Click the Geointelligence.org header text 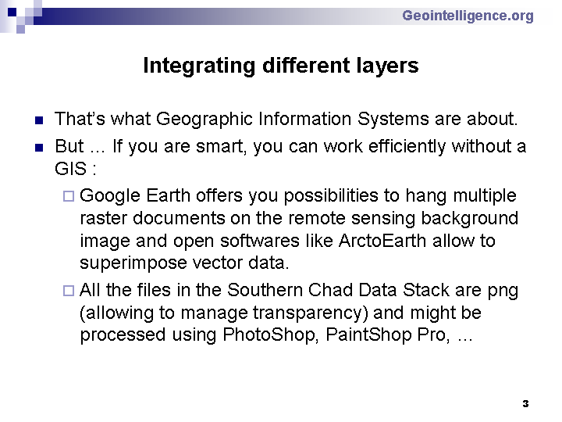point(468,16)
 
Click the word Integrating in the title point(199,66)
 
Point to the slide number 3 point(525,404)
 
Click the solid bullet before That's point(39,120)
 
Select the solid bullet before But point(39,148)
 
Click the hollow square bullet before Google point(69,196)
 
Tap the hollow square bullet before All point(69,290)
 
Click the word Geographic point(205,120)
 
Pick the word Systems point(393,120)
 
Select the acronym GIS point(70,169)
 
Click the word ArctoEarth point(382,241)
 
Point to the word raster point(103,219)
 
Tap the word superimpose point(133,263)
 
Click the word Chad point(330,290)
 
